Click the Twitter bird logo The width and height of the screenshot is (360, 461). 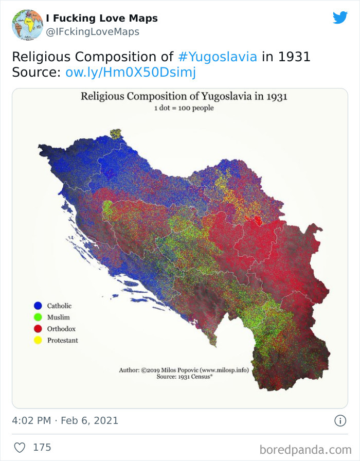(x=340, y=18)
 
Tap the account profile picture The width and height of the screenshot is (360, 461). (x=27, y=25)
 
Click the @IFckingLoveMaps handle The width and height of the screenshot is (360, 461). (x=93, y=32)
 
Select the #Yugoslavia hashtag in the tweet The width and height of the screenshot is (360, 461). (x=218, y=56)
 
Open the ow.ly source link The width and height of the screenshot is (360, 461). (x=131, y=73)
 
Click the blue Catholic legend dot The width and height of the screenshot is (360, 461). (x=37, y=306)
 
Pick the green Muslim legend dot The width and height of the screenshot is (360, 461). (x=37, y=317)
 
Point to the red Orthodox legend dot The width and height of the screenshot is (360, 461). (x=37, y=328)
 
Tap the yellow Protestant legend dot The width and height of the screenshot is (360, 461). (x=37, y=340)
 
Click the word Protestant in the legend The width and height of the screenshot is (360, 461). (x=62, y=340)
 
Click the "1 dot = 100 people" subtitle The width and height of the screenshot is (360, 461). (x=184, y=108)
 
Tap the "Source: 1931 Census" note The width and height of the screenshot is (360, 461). (x=185, y=377)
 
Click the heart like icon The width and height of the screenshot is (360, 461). (x=20, y=447)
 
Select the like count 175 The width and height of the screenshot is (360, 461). (x=42, y=447)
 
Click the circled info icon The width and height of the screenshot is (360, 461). (x=340, y=420)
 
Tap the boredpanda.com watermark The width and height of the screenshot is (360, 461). (x=305, y=450)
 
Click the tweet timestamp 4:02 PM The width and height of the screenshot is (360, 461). (x=31, y=420)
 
